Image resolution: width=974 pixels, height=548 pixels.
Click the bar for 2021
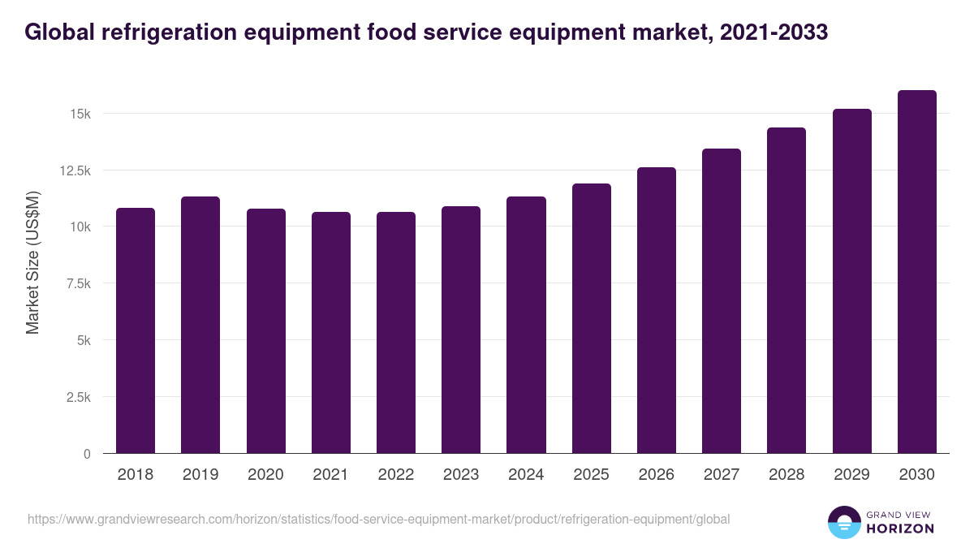(x=331, y=333)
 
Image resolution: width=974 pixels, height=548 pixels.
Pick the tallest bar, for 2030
(x=917, y=272)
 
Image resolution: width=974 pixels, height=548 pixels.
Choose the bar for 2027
(x=722, y=301)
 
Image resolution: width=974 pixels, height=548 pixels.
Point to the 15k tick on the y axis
(x=80, y=114)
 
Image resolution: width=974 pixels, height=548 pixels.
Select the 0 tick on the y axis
(x=86, y=454)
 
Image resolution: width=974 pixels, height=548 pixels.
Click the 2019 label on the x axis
(x=200, y=475)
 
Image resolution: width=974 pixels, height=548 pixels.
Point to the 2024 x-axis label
(x=526, y=475)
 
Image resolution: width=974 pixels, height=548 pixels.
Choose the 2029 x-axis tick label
(x=851, y=475)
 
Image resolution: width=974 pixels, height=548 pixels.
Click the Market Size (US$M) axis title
(x=32, y=262)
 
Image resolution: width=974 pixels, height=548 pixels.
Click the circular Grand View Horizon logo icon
(x=843, y=522)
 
